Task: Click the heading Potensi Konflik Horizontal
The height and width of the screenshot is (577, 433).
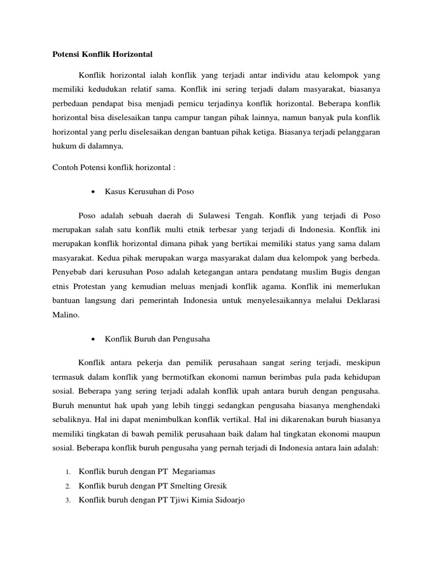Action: coord(99,54)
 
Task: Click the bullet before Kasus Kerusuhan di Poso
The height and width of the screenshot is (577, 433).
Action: coord(91,192)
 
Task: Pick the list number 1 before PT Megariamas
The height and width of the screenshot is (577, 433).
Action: coord(67,472)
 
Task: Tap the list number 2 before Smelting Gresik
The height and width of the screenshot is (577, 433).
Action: coord(67,486)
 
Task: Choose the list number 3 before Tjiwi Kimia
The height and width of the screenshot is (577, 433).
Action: coord(67,500)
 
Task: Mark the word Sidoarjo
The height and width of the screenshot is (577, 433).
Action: coord(226,500)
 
